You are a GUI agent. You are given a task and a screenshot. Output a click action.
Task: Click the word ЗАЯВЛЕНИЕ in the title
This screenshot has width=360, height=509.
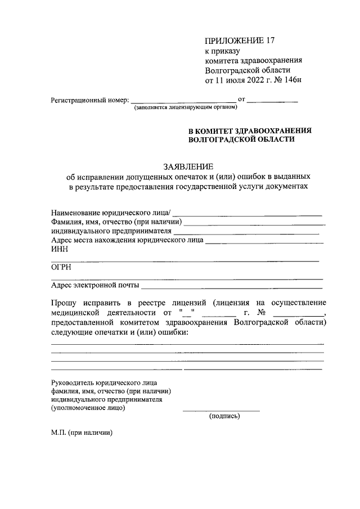click(188, 166)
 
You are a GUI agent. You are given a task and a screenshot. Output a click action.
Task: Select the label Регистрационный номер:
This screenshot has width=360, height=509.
click(90, 101)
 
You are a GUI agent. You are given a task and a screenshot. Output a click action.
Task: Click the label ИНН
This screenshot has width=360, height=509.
click(59, 251)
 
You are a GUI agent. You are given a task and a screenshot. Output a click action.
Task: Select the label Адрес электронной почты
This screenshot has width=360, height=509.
click(95, 285)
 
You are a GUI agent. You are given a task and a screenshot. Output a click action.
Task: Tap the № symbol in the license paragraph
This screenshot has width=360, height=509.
click(260, 313)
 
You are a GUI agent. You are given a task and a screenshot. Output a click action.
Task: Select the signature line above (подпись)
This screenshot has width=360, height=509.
click(221, 411)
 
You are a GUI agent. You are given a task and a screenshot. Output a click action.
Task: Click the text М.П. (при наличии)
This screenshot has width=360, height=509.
click(82, 433)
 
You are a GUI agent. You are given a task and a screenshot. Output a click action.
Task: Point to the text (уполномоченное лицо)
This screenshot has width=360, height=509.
click(88, 408)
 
